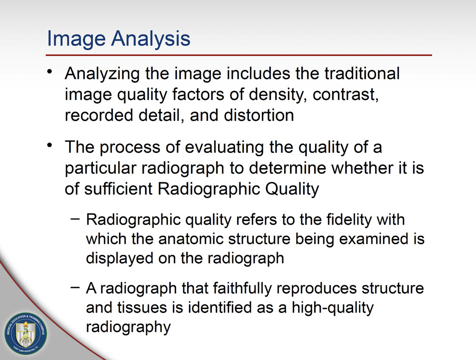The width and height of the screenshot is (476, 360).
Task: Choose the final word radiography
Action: coord(128,328)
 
